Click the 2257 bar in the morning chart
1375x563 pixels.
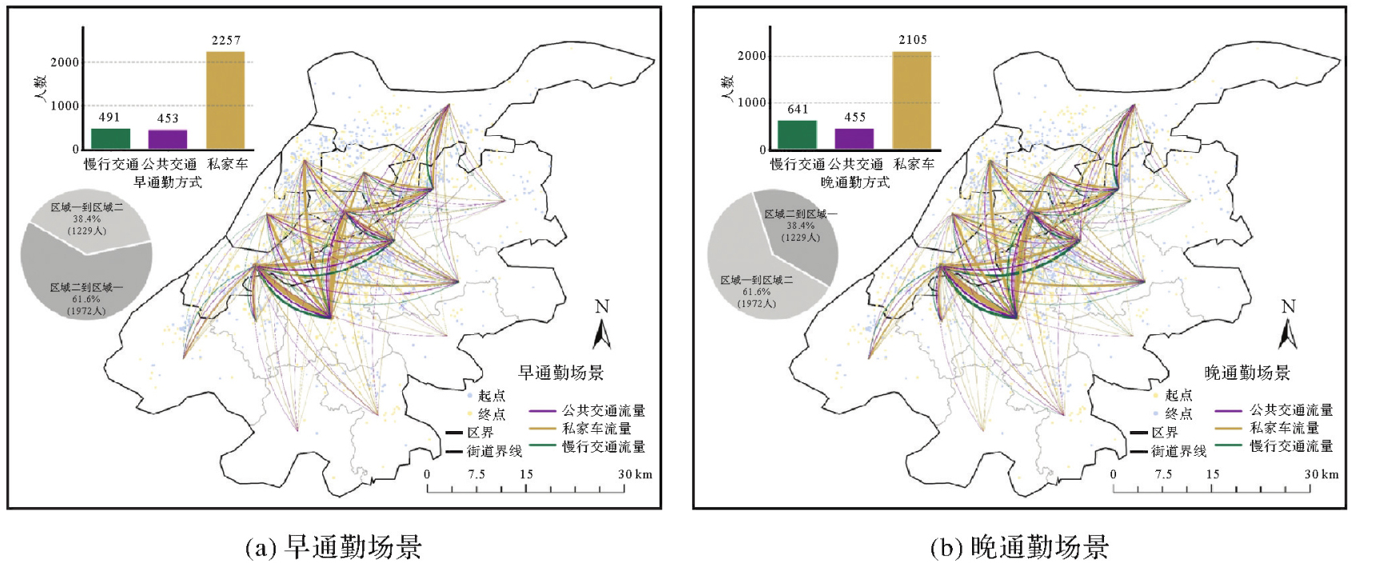225,101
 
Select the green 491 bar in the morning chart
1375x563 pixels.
110,139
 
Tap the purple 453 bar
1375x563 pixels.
168,140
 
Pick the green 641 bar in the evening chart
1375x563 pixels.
797,135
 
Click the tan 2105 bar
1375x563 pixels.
911,101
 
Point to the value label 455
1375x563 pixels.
855,118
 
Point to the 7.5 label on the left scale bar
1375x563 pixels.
476,474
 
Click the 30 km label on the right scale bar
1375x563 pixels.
1321,474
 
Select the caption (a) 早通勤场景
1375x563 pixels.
333,547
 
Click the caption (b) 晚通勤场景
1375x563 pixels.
1019,547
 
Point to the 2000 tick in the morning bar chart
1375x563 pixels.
65,62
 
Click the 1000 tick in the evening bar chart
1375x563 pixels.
751,102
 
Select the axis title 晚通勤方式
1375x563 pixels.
855,182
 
